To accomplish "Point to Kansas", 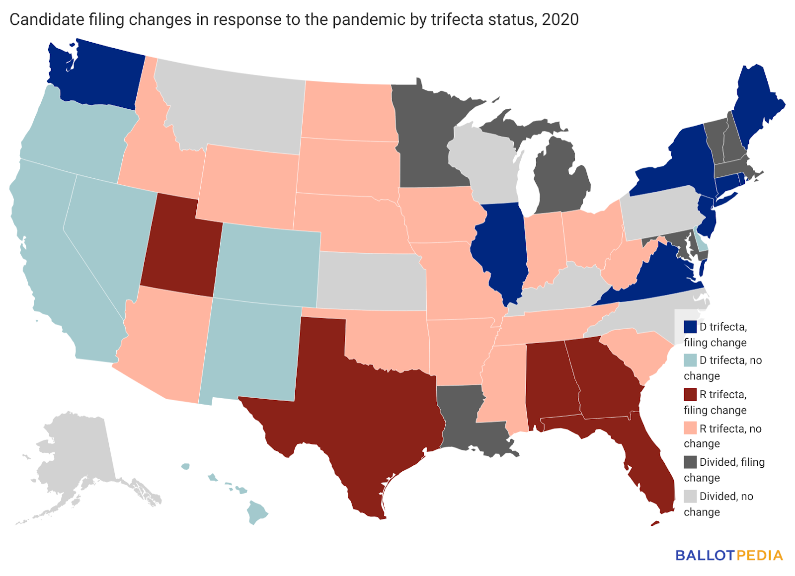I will pos(370,281).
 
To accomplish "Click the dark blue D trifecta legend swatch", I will pos(690,327).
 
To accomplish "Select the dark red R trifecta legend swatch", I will pos(690,395).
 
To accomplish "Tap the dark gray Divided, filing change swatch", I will pos(690,462).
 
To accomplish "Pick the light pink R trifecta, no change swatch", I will pos(690,429).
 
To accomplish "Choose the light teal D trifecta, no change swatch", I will pos(690,360).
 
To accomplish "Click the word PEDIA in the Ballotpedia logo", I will pos(760,555).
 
